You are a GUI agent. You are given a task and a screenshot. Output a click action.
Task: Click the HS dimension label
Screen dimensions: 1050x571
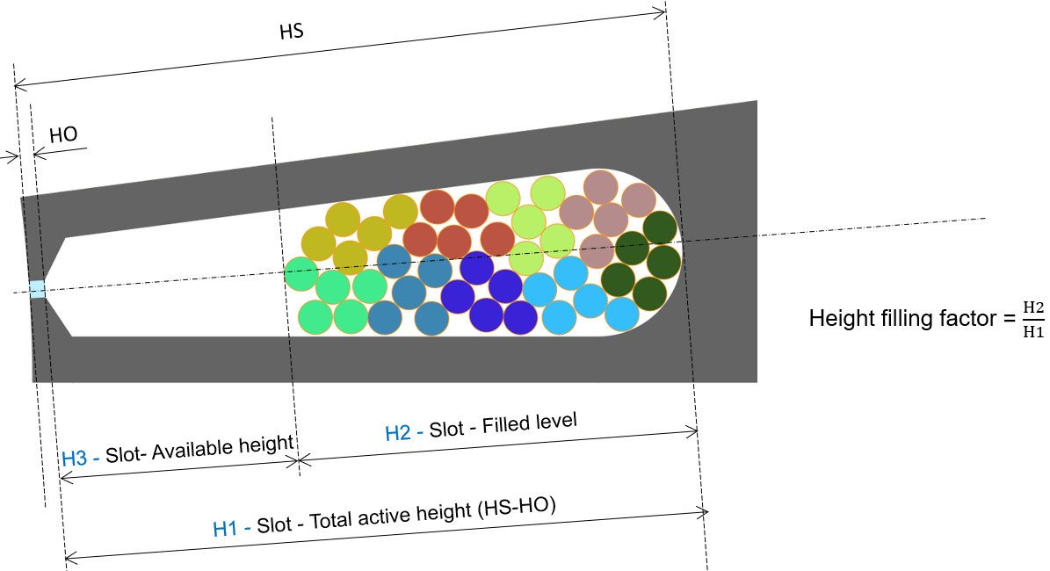(292, 32)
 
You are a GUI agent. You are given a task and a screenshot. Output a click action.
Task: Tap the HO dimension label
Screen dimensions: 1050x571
(63, 135)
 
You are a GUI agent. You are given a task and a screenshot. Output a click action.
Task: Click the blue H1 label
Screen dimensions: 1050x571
(226, 529)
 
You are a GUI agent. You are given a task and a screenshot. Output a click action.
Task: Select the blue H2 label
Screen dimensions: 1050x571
(398, 433)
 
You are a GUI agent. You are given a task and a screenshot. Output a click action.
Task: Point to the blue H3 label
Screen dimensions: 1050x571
(75, 459)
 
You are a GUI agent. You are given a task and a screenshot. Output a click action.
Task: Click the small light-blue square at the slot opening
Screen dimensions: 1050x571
(38, 290)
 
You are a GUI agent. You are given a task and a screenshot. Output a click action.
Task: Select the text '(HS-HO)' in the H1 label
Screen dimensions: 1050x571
(517, 508)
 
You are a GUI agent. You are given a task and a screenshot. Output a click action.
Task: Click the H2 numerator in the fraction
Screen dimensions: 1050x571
(1033, 307)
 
